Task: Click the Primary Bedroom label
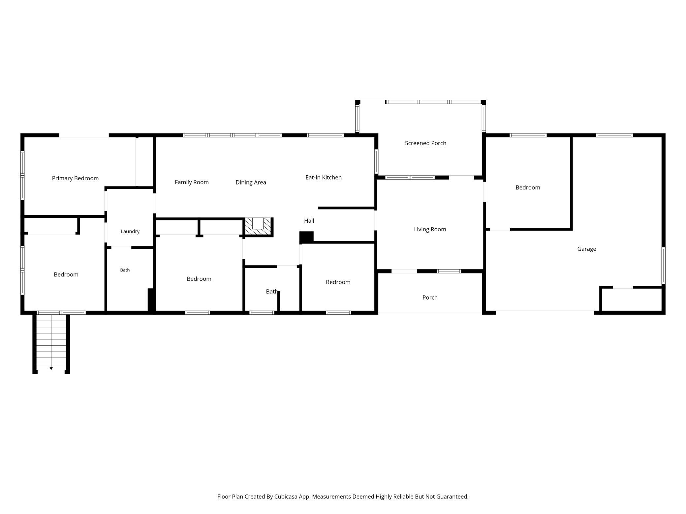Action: (x=75, y=178)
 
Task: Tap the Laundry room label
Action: (x=130, y=231)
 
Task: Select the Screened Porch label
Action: (x=425, y=143)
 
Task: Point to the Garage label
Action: (x=586, y=249)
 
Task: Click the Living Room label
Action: (x=430, y=229)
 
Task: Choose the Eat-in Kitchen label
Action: (x=323, y=177)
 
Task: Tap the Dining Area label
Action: (x=251, y=182)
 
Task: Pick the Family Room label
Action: (x=192, y=182)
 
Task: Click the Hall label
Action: (x=309, y=221)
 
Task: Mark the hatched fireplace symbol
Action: (x=258, y=227)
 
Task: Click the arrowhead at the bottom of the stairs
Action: (x=51, y=369)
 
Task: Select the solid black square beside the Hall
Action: (x=306, y=237)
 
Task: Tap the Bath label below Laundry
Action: (x=125, y=270)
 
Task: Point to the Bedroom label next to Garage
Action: (x=528, y=187)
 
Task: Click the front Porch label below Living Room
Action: (x=430, y=298)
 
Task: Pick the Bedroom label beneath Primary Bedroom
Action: (x=66, y=274)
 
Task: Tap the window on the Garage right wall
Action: (x=663, y=266)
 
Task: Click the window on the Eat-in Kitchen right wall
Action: (x=376, y=161)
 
